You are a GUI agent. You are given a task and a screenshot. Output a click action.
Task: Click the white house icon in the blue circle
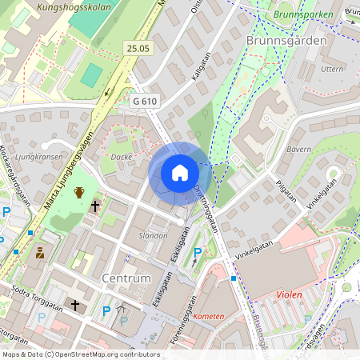click(x=180, y=173)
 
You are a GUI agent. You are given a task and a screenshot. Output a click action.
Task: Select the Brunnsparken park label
click(x=302, y=14)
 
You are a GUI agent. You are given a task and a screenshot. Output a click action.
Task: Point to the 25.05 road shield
click(x=138, y=50)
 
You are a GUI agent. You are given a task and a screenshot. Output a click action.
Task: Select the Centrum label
click(x=126, y=278)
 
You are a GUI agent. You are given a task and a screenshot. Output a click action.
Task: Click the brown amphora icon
click(x=79, y=192)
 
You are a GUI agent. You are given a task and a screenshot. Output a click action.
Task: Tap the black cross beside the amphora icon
click(x=94, y=206)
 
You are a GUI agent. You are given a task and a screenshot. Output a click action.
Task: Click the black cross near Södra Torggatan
click(x=75, y=306)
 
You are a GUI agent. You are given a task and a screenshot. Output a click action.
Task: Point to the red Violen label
click(x=290, y=294)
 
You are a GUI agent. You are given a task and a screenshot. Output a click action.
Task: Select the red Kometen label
click(x=209, y=316)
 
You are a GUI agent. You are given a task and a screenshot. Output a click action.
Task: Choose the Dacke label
click(x=121, y=157)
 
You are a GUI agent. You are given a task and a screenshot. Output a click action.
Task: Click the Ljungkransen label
click(x=38, y=157)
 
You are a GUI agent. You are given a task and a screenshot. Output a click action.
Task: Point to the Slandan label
click(x=153, y=236)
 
